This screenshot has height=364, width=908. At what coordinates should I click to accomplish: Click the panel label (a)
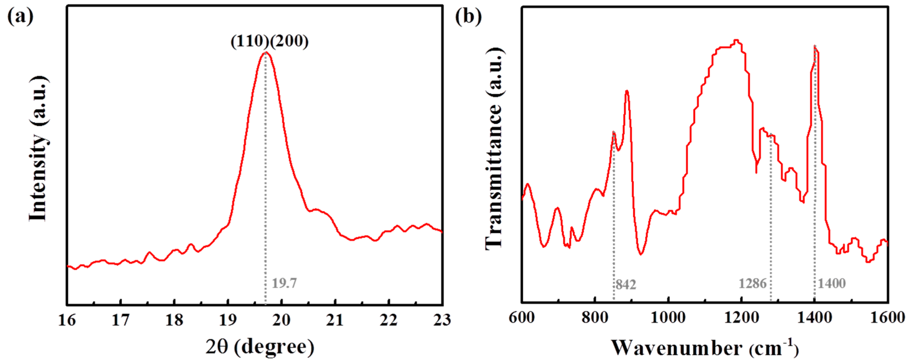(x=20, y=17)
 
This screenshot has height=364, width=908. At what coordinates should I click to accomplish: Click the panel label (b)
(x=468, y=17)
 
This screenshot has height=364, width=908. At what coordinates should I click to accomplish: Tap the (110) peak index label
(x=250, y=42)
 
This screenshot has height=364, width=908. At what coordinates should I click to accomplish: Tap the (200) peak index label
(x=290, y=42)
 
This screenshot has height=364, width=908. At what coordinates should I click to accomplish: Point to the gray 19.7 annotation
(x=284, y=283)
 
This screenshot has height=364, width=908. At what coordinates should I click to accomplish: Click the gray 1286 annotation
(x=753, y=283)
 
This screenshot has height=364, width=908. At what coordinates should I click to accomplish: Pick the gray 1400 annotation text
(x=831, y=283)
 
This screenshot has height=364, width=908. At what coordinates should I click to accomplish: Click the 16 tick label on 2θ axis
(x=67, y=320)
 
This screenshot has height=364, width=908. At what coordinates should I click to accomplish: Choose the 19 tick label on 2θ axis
(x=228, y=320)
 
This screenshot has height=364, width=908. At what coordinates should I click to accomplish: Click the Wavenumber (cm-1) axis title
(x=704, y=349)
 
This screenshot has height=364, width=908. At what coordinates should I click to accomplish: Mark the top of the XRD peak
(x=266, y=53)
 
